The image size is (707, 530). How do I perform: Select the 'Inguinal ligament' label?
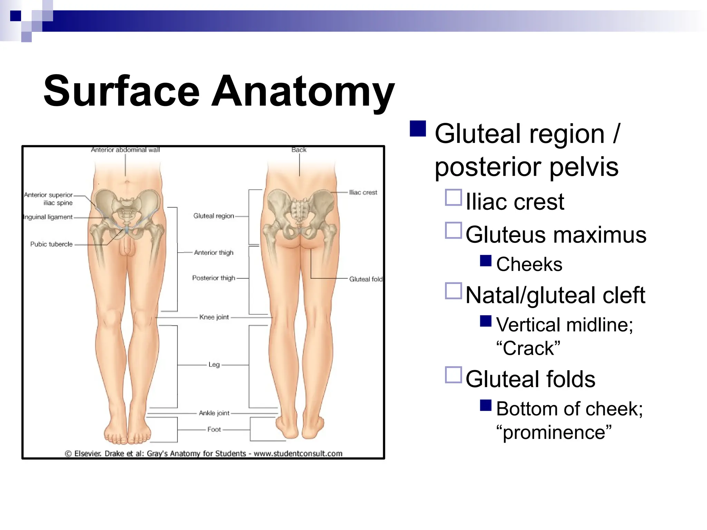[48, 217]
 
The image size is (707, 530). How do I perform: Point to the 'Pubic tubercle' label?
[51, 244]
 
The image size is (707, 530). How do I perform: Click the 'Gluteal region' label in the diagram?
[214, 216]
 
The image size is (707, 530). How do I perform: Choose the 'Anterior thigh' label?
[214, 253]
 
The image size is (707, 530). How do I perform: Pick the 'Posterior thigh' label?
[214, 278]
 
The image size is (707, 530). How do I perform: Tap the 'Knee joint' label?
[214, 317]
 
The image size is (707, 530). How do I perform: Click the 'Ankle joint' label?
[214, 413]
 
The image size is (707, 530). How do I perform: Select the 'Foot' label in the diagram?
[214, 430]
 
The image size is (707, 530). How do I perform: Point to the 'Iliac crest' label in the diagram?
[363, 193]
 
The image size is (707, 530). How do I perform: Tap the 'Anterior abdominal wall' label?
[125, 150]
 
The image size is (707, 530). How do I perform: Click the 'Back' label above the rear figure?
[299, 150]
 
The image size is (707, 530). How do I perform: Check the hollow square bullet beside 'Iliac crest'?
[453, 198]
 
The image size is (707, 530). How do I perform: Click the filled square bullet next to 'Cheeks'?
[486, 261]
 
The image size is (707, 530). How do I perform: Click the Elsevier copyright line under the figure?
[204, 453]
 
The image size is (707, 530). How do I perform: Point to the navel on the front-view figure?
[127, 181]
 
